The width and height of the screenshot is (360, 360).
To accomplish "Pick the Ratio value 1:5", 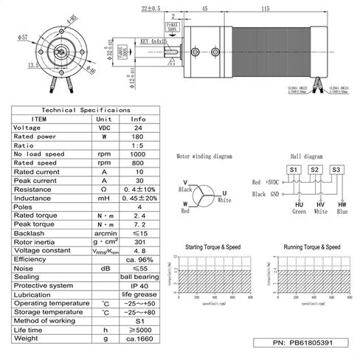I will pos(138,145).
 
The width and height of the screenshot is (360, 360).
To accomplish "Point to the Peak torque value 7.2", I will pos(138,221).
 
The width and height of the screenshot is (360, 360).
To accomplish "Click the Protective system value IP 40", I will pos(138,285).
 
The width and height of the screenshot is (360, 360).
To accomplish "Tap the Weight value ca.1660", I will pos(138,339).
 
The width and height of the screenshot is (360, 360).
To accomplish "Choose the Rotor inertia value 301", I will pos(138,240).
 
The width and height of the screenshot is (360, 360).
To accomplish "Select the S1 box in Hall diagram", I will pos(293,169).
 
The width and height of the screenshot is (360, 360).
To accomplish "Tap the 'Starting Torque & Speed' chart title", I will pos(212,247).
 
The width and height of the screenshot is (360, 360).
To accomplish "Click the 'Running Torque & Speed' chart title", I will pos(311,247).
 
